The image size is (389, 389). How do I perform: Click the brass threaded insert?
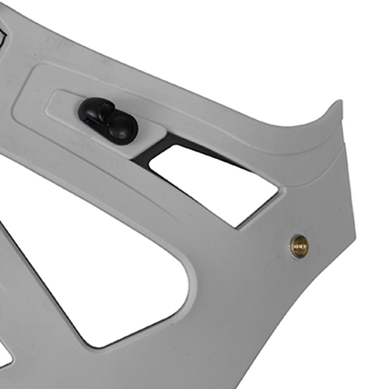coord(299,246)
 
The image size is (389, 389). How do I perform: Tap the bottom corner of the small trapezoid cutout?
coord(237,226)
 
